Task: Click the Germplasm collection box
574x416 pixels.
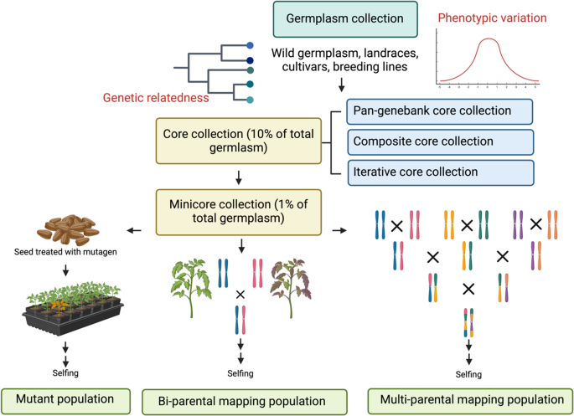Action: [x=344, y=19]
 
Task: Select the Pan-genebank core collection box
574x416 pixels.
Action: [x=439, y=110]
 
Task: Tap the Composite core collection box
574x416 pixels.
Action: [x=439, y=141]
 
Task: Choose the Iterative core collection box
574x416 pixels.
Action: [x=439, y=172]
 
